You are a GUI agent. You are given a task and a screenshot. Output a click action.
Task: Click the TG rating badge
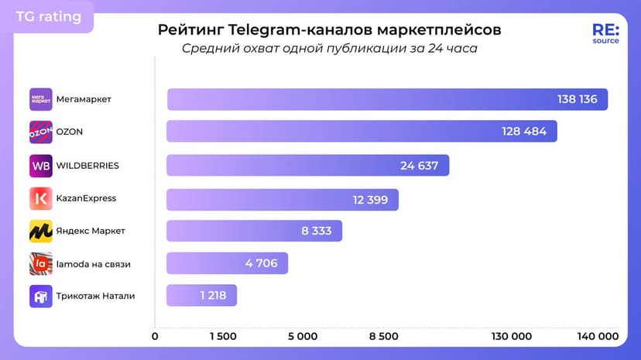[x=48, y=16]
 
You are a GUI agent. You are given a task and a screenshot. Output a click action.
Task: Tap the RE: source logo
[x=605, y=33]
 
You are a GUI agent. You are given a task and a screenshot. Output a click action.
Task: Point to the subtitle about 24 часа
[x=330, y=49]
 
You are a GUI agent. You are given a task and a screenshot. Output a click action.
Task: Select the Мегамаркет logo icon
[x=41, y=99]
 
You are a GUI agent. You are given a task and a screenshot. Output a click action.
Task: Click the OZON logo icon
[x=41, y=132]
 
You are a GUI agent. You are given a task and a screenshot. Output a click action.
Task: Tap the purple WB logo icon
[x=41, y=166]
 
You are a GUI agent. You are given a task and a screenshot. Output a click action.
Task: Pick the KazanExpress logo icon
[x=41, y=198]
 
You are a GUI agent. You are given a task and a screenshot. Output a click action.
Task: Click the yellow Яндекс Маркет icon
[x=41, y=231]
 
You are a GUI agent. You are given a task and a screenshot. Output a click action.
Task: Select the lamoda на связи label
[x=93, y=264]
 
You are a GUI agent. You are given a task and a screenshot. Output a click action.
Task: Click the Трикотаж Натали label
[x=95, y=296]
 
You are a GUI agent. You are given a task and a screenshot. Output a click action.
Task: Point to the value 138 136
[x=577, y=99]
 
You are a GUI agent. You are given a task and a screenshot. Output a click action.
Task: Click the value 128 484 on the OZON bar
[x=524, y=132]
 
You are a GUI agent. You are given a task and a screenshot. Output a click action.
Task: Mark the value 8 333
[x=317, y=231]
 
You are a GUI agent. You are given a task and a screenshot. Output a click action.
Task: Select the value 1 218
[x=211, y=296]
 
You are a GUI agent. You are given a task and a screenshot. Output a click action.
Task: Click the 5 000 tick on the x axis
[x=302, y=336]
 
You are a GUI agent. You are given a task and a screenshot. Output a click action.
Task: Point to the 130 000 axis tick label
[x=511, y=336]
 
